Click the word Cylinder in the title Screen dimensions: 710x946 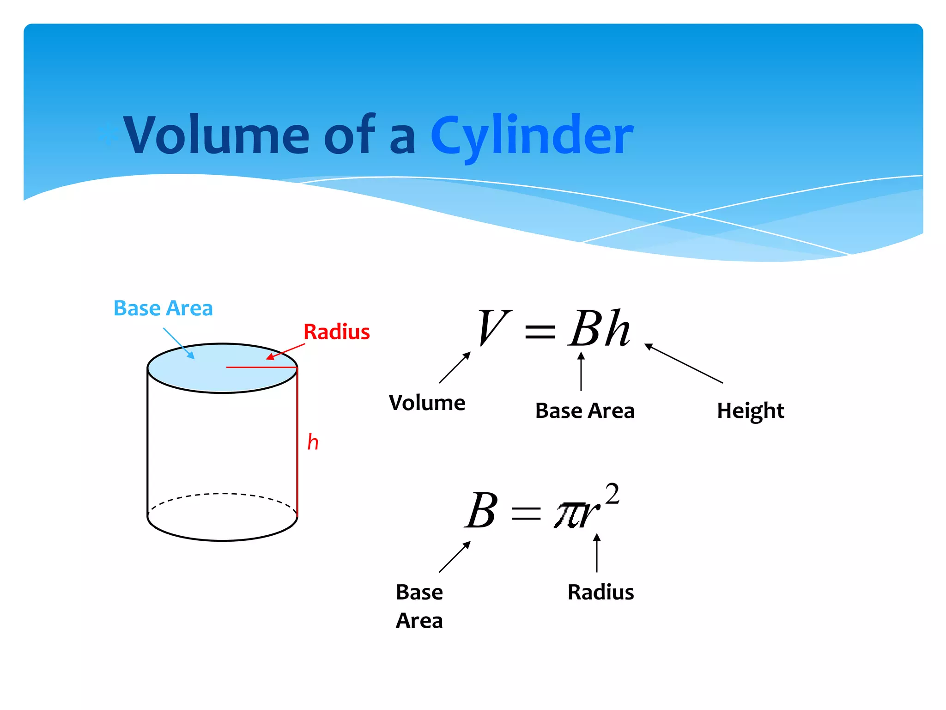pyautogui.click(x=532, y=135)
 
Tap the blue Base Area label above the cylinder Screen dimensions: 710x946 pyautogui.click(x=163, y=308)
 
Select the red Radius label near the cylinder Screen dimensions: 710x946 pyautogui.click(x=336, y=332)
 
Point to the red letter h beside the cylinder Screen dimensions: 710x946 pyautogui.click(x=313, y=442)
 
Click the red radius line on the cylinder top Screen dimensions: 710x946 pyautogui.click(x=261, y=367)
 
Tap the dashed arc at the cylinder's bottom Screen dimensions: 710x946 pyautogui.click(x=222, y=495)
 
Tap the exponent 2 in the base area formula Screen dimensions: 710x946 pyautogui.click(x=612, y=494)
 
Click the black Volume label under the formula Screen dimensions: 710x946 pyautogui.click(x=427, y=403)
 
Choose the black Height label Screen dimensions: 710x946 pyautogui.click(x=750, y=411)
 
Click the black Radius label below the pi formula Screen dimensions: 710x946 pyautogui.click(x=600, y=592)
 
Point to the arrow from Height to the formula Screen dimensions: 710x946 pyautogui.click(x=684, y=363)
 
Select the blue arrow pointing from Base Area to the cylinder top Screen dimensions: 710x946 pyautogui.click(x=179, y=343)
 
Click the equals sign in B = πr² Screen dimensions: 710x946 pyautogui.click(x=526, y=514)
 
